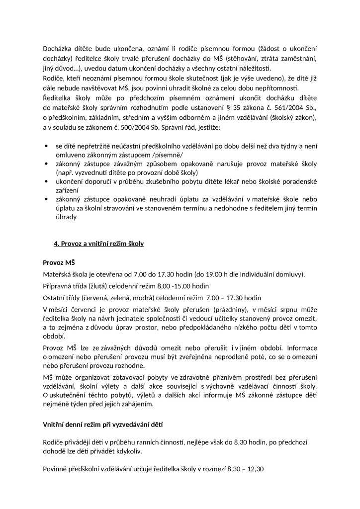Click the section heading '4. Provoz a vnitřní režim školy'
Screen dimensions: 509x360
pos(99,244)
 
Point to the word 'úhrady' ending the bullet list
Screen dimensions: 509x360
pos(66,217)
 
